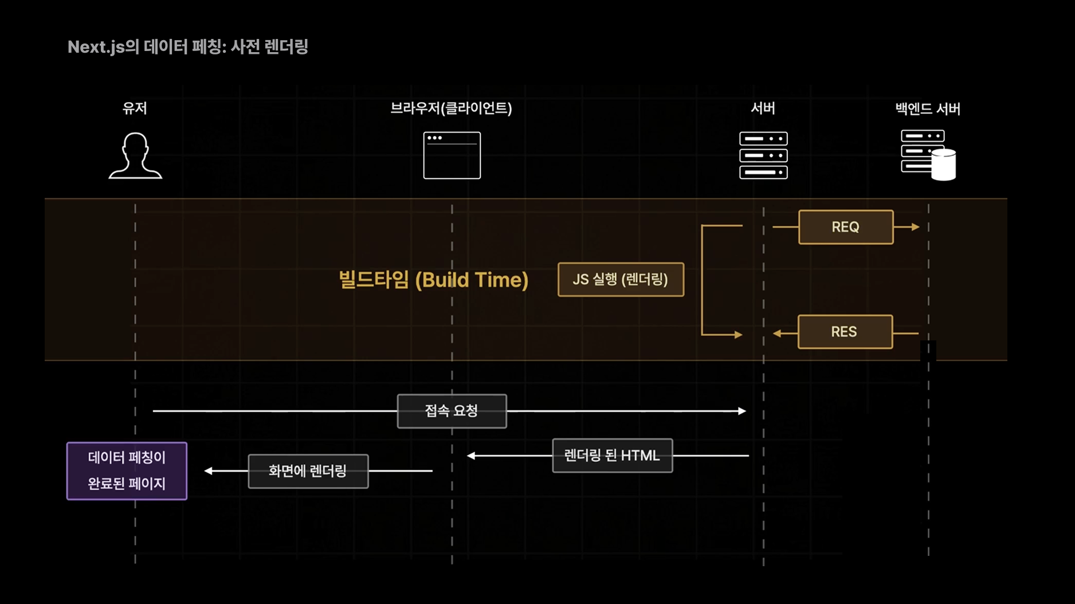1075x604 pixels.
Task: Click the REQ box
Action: coord(845,227)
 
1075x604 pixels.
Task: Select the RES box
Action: coord(845,332)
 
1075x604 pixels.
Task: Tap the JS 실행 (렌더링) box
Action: coord(621,280)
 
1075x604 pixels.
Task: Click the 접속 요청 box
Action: coord(452,411)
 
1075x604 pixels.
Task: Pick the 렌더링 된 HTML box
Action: coord(612,456)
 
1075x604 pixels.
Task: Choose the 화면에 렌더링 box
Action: coord(308,471)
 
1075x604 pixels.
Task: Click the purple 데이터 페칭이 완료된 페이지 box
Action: coord(127,470)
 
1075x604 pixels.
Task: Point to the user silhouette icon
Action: coord(135,156)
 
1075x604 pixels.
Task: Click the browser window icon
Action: coord(452,155)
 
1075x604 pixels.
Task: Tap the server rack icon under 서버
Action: coord(763,155)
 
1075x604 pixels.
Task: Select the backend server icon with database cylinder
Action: coord(928,155)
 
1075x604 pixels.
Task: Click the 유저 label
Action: coord(135,108)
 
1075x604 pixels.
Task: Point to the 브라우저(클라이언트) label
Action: coord(451,108)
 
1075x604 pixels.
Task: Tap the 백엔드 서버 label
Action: coord(928,108)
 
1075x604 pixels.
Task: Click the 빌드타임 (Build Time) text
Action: coord(433,280)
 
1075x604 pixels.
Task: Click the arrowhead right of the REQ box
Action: coord(915,227)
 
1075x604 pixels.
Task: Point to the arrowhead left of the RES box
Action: coord(777,333)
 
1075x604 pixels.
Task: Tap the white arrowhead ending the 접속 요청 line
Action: coord(742,411)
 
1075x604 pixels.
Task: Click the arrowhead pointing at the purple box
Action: coord(209,471)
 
